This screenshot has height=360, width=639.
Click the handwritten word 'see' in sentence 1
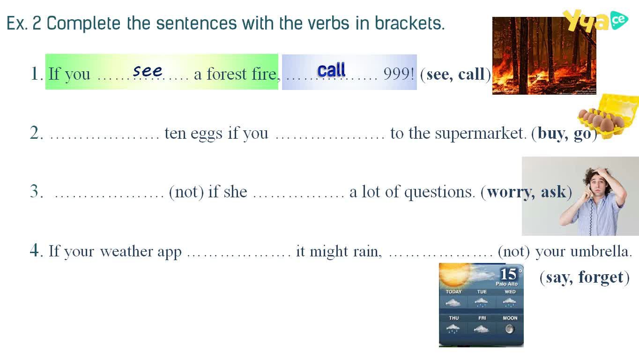tap(148, 71)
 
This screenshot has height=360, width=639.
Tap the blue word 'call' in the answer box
tap(331, 70)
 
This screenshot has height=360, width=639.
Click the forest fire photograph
tap(544, 56)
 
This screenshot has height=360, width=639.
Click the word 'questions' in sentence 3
tap(438, 192)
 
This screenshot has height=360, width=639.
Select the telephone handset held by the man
tap(589, 191)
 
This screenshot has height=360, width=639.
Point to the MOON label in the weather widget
tap(510, 318)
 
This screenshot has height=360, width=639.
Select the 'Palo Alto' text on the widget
tap(506, 284)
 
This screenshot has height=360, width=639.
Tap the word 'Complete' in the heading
tap(83, 23)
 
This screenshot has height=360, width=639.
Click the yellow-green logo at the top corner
tap(595, 20)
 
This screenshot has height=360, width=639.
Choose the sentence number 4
tap(35, 250)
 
